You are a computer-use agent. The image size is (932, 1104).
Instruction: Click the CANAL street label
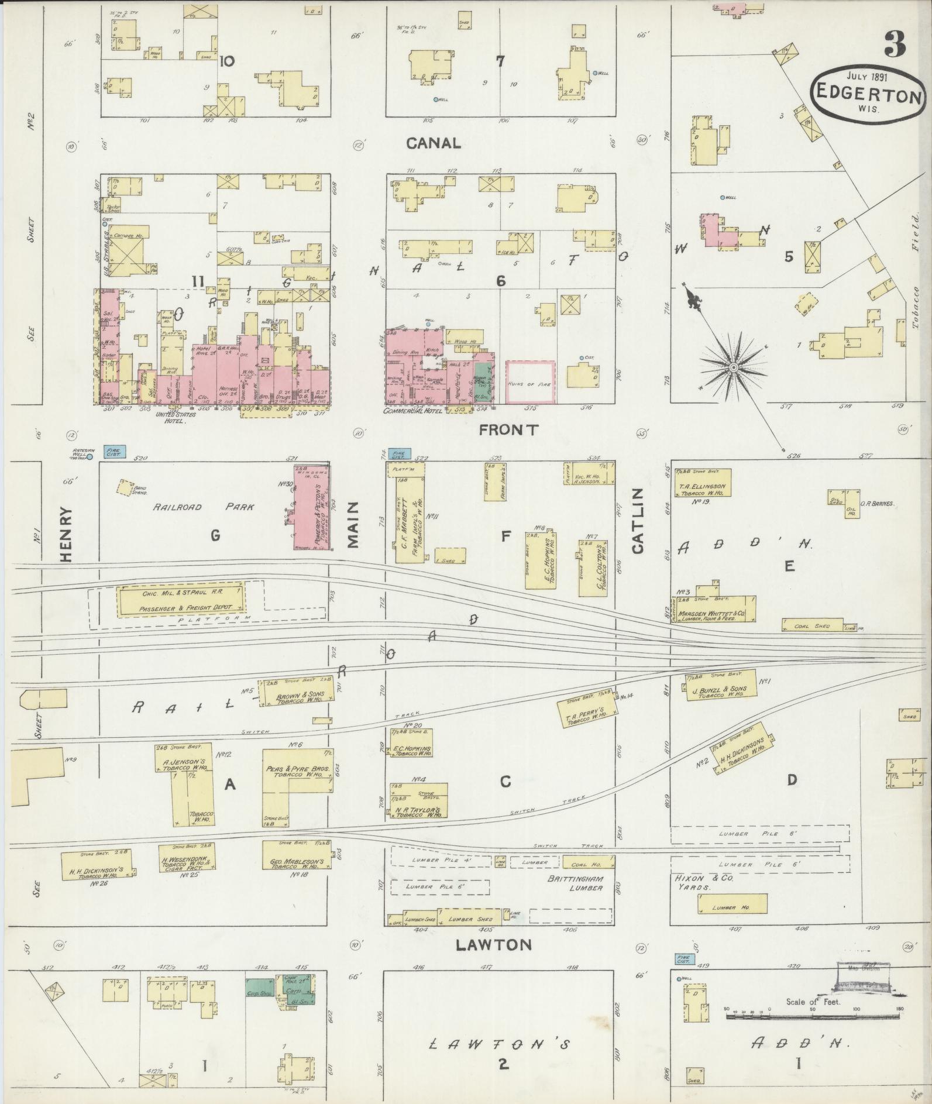tap(434, 143)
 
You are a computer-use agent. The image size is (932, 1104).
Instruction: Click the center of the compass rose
tap(732, 367)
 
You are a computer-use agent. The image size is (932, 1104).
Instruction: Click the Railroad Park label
tap(204, 507)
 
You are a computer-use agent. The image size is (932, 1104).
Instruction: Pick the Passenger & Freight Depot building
tap(182, 602)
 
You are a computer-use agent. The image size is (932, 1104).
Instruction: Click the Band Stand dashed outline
tap(123, 488)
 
